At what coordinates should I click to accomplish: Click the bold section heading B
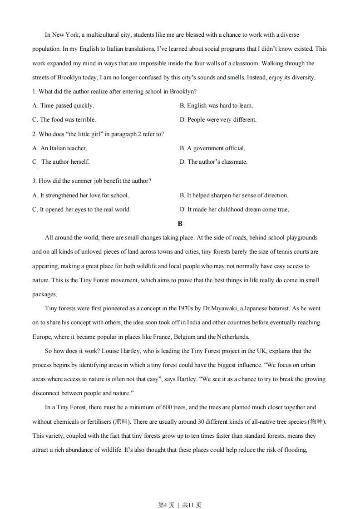[180, 224]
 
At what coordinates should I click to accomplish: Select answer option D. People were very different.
[218, 120]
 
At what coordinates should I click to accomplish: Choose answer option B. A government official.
[212, 148]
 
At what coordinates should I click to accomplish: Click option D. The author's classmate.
[213, 162]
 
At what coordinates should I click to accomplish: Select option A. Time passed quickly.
[63, 106]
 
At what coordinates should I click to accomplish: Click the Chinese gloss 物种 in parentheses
[316, 422]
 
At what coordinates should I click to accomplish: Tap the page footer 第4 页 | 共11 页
[180, 492]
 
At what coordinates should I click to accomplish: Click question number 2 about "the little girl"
[34, 134]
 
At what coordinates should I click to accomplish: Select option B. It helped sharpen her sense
[234, 196]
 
